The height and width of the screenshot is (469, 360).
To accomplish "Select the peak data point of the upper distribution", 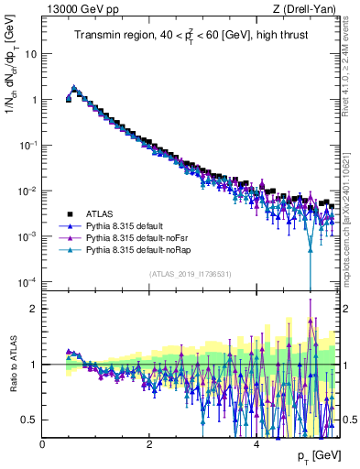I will click(74, 89).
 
